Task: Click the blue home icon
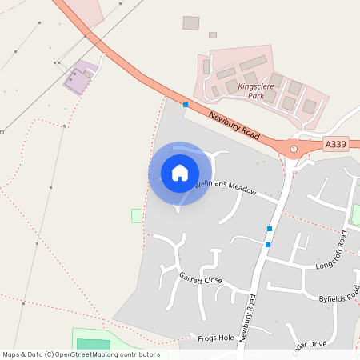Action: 180,173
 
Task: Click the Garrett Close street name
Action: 200,280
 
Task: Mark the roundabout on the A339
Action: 294,148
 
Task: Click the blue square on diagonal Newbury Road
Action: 186,105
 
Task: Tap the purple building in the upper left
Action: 78,80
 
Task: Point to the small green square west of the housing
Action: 136,216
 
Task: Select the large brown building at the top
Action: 190,23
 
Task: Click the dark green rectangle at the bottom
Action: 93,344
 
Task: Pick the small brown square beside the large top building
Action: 213,35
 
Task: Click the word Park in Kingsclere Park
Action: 255,96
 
